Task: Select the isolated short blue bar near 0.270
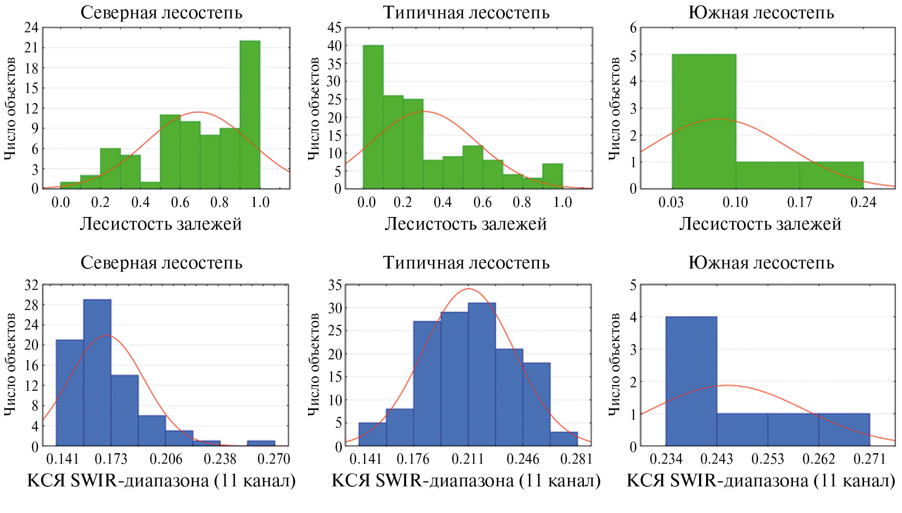(x=261, y=443)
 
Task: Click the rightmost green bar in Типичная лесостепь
(x=552, y=176)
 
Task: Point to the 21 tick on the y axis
(x=31, y=48)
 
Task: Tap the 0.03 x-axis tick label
(x=671, y=203)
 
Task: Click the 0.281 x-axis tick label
(x=576, y=459)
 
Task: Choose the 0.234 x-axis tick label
(x=666, y=459)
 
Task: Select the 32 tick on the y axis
(x=31, y=285)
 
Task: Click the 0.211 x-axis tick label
(x=468, y=459)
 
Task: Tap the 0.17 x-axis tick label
(x=799, y=203)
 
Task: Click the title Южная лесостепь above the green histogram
(x=761, y=13)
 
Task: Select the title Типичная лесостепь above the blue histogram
(x=466, y=263)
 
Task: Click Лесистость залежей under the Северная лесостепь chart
(x=161, y=224)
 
